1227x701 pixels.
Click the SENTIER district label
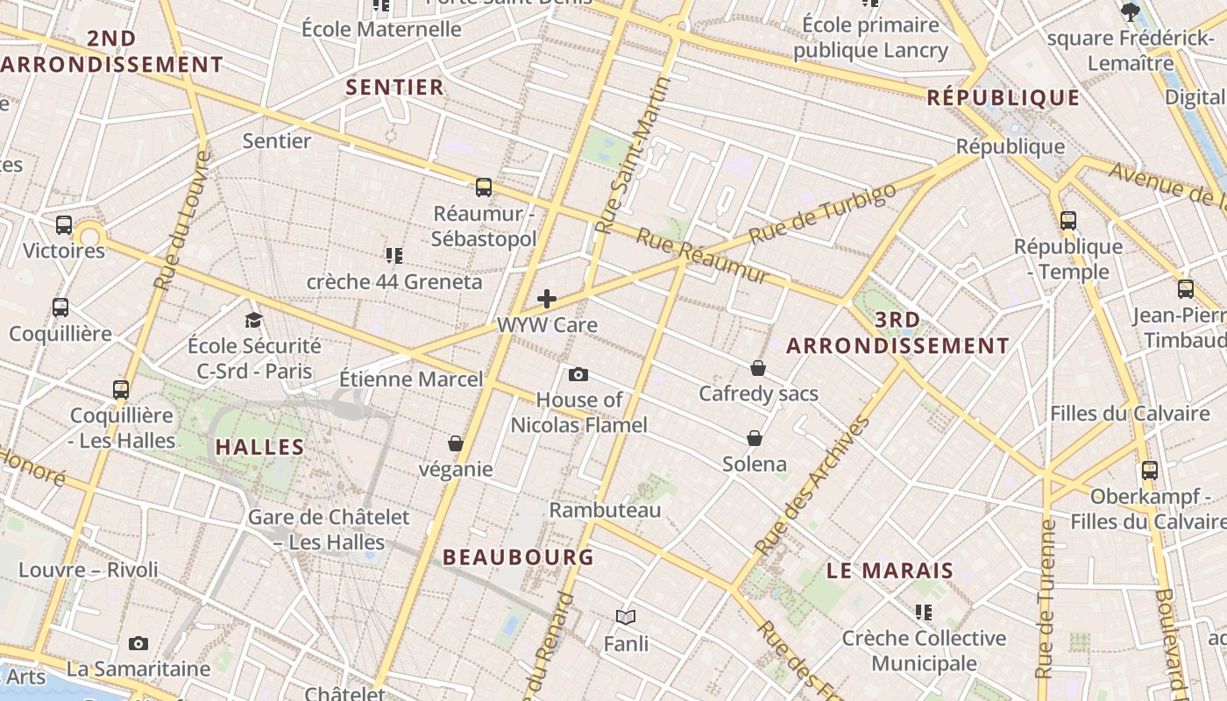click(x=394, y=87)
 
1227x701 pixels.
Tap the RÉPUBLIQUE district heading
click(x=1003, y=97)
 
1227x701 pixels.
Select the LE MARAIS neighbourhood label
click(x=890, y=570)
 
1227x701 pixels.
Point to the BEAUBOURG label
click(x=518, y=556)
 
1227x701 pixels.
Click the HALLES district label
click(x=259, y=447)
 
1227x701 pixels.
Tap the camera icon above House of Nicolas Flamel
click(x=578, y=374)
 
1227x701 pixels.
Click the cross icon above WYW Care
click(x=547, y=299)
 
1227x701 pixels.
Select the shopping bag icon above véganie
click(x=455, y=443)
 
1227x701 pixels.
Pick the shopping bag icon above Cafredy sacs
click(x=758, y=368)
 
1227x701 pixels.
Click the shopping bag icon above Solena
click(x=755, y=438)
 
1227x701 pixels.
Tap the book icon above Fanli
click(x=626, y=618)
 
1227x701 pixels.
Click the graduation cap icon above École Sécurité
click(x=254, y=320)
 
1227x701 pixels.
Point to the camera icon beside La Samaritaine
click(x=138, y=644)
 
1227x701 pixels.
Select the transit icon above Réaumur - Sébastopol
click(x=484, y=187)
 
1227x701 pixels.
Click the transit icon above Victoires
click(x=64, y=225)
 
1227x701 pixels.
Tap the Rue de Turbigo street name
click(x=823, y=212)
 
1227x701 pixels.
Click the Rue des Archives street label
click(x=812, y=485)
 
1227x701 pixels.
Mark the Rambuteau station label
click(x=605, y=509)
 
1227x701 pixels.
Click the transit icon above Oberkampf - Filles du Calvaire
click(x=1150, y=471)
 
